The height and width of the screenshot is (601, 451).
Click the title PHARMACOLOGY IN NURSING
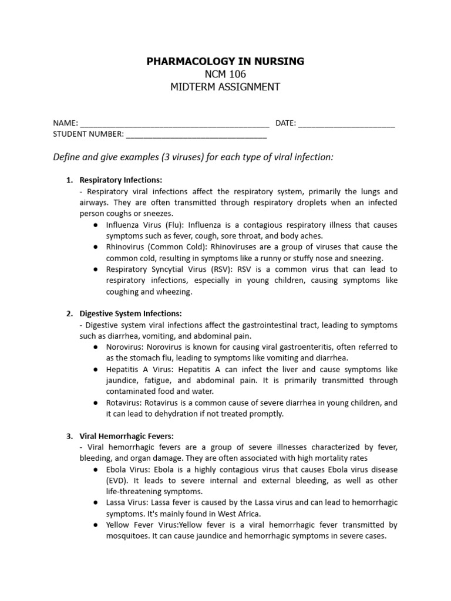225,62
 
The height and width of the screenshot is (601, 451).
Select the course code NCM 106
225,75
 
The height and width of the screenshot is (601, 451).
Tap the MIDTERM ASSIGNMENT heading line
225,87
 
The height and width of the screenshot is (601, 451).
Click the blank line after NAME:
174,124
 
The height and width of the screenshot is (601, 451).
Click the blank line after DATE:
346,124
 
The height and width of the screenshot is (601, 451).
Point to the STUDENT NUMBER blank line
196,134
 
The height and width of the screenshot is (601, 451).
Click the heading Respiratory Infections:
121,180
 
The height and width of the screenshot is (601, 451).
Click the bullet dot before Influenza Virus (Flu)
95,225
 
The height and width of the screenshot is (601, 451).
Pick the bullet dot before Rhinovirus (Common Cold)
95,247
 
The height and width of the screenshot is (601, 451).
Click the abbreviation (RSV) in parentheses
218,269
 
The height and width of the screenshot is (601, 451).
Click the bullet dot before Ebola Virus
95,470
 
